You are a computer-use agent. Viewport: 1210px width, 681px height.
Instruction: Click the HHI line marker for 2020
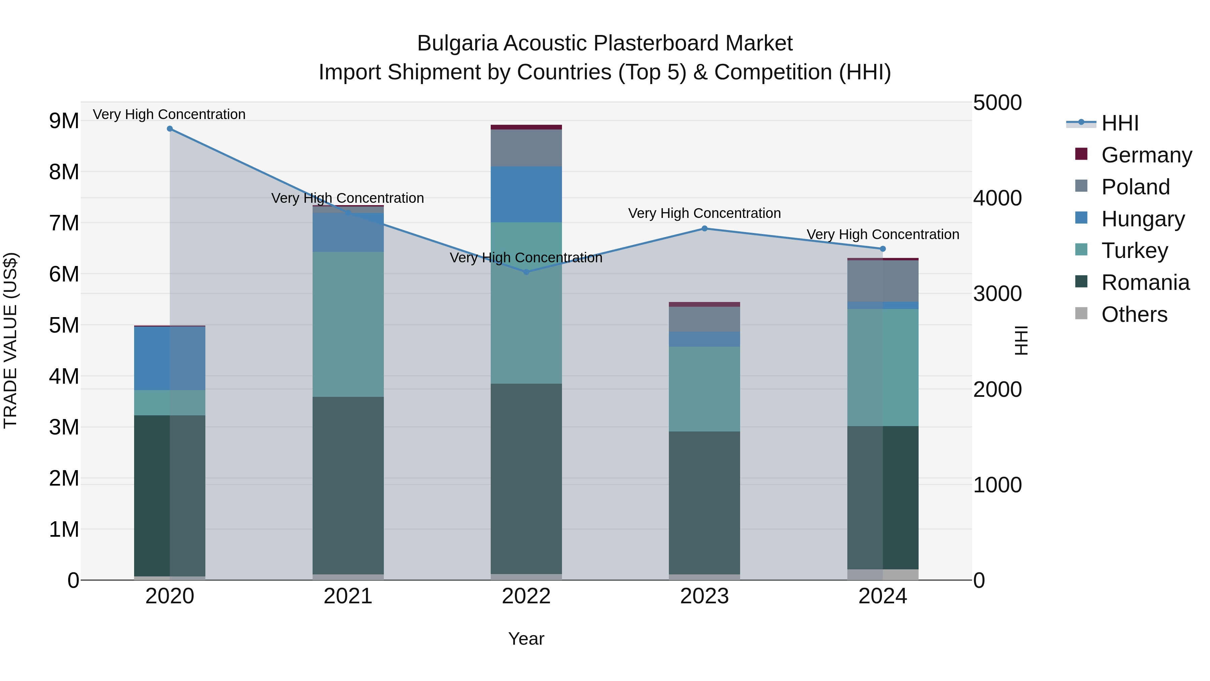pos(170,129)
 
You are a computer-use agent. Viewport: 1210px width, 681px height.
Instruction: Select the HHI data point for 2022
pos(526,272)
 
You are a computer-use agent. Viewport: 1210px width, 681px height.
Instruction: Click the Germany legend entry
pos(1146,155)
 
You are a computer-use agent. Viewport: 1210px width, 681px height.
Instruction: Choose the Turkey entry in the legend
pos(1134,251)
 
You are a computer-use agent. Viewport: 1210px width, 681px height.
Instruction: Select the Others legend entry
pos(1134,314)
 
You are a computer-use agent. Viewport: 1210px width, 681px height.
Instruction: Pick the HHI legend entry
pos(1120,123)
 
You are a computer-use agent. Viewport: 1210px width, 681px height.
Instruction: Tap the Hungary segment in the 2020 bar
pos(170,358)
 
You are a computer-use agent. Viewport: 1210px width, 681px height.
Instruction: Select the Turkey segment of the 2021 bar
pos(348,324)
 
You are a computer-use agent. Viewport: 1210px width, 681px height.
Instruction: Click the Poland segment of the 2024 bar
pos(883,281)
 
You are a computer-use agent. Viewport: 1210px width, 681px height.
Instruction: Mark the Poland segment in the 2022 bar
pos(526,148)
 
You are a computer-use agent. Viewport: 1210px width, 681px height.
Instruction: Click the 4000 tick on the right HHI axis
pos(997,198)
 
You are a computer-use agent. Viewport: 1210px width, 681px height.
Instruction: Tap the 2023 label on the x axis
pos(704,596)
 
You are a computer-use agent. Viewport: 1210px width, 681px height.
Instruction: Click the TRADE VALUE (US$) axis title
pos(10,340)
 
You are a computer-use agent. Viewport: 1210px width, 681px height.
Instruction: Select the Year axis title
pos(526,639)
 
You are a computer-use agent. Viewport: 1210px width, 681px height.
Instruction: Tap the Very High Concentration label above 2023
pos(704,213)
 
